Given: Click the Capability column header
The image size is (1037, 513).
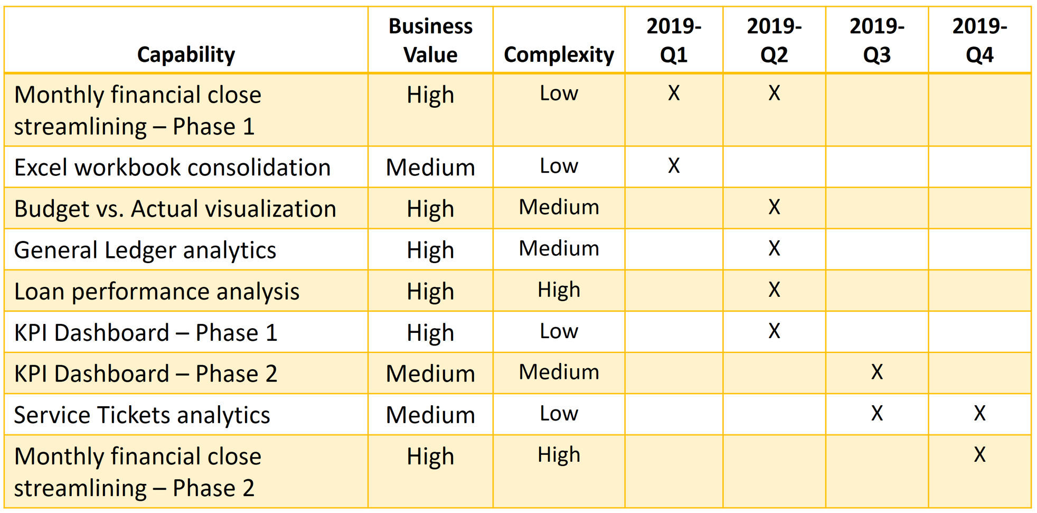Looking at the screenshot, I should tap(186, 54).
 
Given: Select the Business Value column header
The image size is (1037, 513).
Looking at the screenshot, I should tap(430, 40).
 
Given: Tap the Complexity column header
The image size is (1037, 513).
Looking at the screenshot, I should tap(559, 54).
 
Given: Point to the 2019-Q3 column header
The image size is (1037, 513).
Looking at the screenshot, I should tap(876, 40).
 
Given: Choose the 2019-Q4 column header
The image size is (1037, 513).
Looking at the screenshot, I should tap(979, 40).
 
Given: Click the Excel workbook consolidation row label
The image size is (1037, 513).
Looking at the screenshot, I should tap(172, 167).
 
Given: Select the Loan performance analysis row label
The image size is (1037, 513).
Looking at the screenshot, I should tap(157, 291).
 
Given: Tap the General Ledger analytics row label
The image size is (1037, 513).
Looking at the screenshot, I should tap(145, 250).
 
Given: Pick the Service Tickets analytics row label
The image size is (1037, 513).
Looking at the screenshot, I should tap(142, 415).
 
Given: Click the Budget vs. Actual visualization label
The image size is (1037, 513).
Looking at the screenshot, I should tap(175, 209).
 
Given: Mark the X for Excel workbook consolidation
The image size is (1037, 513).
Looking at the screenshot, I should tap(674, 166).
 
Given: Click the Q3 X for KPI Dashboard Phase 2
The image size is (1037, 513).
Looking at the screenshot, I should tap(876, 372).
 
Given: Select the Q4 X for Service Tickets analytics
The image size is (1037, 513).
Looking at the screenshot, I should tap(979, 413).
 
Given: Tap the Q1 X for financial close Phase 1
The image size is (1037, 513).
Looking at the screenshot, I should tap(674, 93).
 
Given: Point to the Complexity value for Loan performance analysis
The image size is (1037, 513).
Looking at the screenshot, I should tap(559, 290).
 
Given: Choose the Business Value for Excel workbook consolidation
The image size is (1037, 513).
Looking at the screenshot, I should tap(430, 167).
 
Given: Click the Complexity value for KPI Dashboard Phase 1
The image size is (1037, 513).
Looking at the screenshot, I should tap(559, 331).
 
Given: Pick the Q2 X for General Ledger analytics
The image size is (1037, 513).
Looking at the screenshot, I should tap(774, 248).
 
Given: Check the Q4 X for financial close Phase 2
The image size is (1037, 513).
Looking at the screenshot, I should tap(979, 454).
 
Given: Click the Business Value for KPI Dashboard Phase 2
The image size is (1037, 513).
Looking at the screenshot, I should tap(430, 374).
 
